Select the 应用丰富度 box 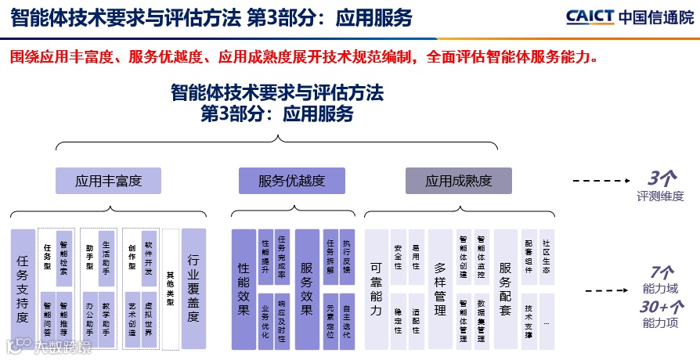(x=108, y=181)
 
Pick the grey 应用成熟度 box (x=458, y=181)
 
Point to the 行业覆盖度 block (x=193, y=289)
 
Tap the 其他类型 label (x=170, y=289)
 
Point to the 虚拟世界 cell (x=149, y=320)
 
